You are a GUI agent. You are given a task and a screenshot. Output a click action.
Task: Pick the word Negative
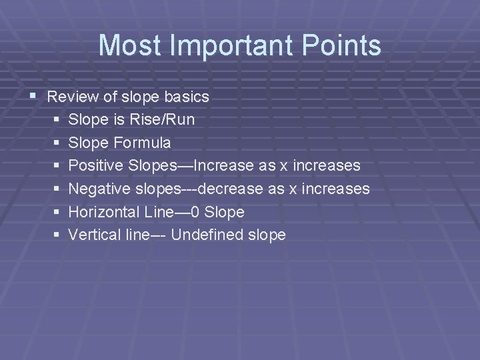(95, 189)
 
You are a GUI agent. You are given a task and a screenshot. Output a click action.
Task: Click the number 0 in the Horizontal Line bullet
(195, 212)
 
